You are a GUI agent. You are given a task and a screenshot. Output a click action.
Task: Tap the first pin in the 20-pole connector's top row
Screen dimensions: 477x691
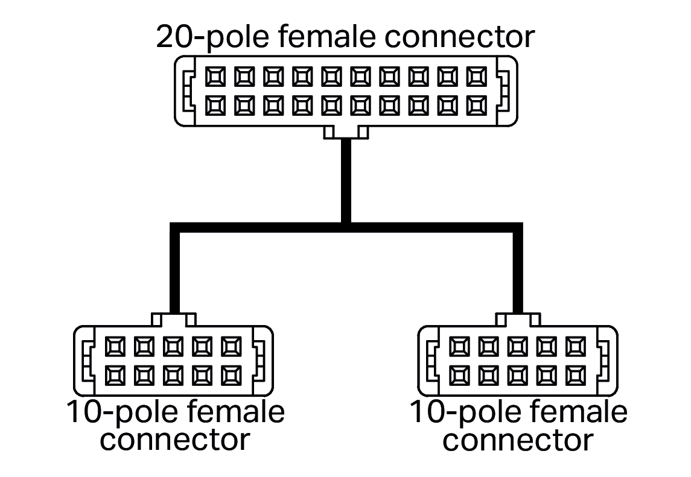click(215, 77)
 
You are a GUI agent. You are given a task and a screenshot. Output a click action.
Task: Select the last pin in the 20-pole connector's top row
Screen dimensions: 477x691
click(477, 77)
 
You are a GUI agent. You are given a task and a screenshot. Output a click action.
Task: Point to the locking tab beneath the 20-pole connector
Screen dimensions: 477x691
click(346, 132)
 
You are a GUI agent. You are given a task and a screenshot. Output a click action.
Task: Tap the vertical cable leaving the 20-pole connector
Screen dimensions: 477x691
click(346, 181)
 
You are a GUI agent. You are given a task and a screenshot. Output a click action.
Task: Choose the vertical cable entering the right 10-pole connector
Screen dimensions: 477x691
click(517, 271)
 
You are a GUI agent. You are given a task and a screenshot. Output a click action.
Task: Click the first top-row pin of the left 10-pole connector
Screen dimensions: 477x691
click(115, 347)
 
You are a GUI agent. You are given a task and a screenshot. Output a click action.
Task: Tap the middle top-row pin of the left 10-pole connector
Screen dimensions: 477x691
click(173, 347)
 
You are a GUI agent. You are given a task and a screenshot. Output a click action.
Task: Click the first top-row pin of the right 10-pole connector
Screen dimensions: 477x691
click(460, 347)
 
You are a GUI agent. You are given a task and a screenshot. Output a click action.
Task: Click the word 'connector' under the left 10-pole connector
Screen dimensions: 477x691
click(174, 440)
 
